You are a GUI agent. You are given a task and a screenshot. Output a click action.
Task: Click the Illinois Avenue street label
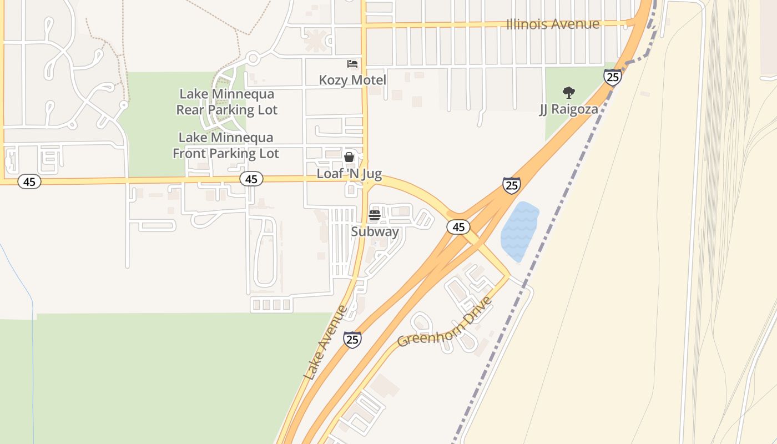553,24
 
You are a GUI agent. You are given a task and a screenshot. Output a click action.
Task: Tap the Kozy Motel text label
352,80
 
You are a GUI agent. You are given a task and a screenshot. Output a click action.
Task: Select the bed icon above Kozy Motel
352,64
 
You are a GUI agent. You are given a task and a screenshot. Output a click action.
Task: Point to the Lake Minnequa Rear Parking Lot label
226,102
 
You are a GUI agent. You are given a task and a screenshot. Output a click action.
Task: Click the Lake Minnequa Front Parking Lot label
226,145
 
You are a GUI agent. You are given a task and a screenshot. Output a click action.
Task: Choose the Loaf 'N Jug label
349,174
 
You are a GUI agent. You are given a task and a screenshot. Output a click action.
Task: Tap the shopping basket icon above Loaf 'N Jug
349,157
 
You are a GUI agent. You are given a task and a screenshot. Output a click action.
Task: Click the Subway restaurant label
375,231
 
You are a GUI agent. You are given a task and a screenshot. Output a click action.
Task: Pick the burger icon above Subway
375,215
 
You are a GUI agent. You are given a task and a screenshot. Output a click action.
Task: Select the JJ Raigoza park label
569,109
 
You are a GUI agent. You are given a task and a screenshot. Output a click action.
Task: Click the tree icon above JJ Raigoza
568,92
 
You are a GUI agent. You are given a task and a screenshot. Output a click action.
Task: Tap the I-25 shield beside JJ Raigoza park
613,77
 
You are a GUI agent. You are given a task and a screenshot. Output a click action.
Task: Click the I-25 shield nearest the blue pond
511,185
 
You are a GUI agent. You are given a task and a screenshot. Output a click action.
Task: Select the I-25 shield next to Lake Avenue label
352,339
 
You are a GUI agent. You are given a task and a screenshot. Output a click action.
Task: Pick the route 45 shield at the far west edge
29,181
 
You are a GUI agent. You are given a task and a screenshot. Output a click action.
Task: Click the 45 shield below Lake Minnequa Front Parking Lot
251,179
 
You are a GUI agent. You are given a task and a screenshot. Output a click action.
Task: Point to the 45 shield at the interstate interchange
458,226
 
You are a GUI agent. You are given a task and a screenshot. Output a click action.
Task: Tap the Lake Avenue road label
326,343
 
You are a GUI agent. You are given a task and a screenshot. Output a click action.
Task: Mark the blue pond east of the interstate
519,231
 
